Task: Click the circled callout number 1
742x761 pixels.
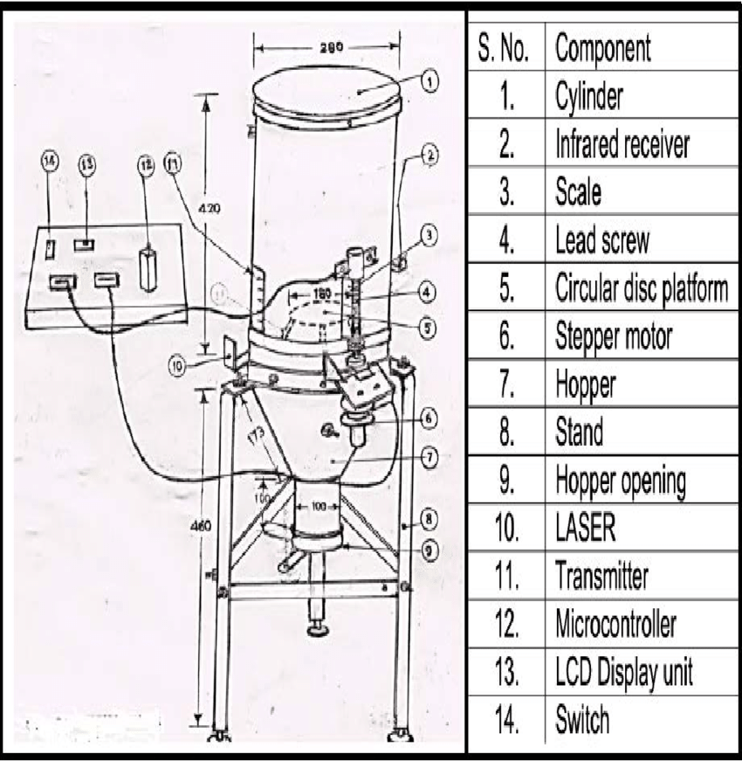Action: coord(428,81)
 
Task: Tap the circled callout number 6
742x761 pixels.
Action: coord(428,418)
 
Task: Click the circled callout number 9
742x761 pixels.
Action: coord(428,550)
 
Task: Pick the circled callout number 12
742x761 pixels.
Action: coord(145,163)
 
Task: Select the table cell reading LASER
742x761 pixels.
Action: coord(585,528)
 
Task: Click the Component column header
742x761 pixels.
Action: coord(602,48)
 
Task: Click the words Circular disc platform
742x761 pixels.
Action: coord(641,288)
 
